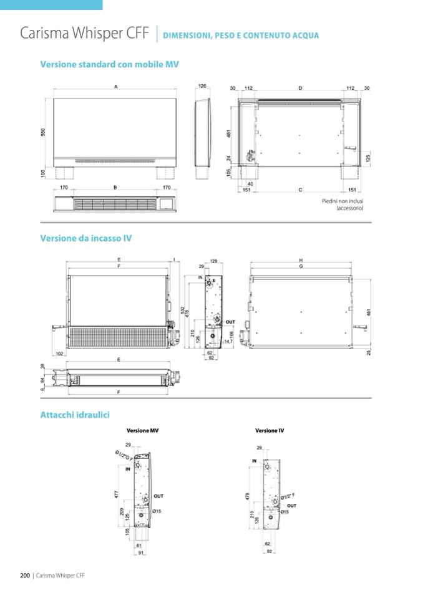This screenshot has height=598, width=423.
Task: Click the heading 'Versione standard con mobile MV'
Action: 109,64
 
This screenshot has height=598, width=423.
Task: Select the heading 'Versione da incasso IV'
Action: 85,238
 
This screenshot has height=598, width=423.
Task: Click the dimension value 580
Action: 44,133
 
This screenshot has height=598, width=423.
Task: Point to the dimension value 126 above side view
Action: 202,87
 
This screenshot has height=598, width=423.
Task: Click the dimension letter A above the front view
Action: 116,87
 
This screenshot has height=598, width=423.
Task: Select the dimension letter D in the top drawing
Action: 300,89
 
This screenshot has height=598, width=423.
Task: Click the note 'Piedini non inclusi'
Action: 343,201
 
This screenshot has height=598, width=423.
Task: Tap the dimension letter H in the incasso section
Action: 301,260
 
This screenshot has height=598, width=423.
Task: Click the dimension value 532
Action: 182,309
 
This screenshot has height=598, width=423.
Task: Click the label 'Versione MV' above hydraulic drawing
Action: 142,431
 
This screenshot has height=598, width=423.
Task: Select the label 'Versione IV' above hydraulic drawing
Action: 270,431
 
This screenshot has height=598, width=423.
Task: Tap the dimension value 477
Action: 117,494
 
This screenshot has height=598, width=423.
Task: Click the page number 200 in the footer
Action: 26,576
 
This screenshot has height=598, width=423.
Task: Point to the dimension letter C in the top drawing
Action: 300,190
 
